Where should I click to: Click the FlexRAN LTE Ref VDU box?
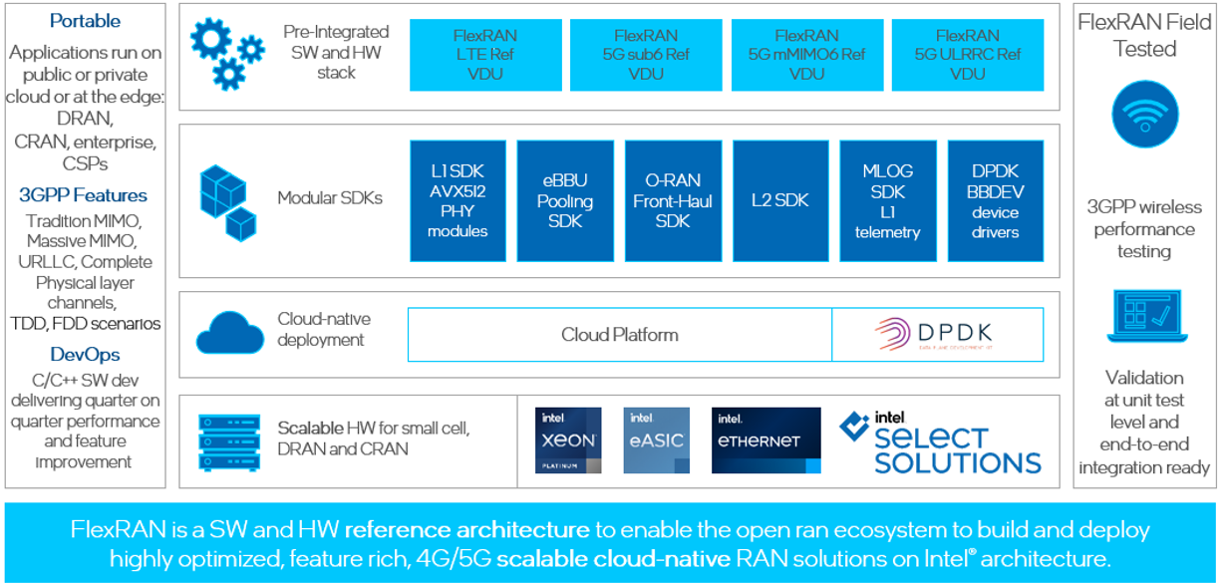pyautogui.click(x=484, y=54)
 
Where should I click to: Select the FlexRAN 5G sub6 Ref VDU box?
pyautogui.click(x=646, y=54)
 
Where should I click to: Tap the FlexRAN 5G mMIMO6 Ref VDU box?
pyautogui.click(x=806, y=54)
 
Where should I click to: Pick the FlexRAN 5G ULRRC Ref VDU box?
pyautogui.click(x=967, y=54)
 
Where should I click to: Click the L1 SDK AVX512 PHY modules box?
pyautogui.click(x=458, y=200)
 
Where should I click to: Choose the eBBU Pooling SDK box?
pyautogui.click(x=565, y=200)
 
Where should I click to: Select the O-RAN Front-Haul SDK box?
pyautogui.click(x=673, y=200)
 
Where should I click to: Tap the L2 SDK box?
pyautogui.click(x=780, y=200)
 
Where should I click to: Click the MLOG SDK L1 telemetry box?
pyautogui.click(x=888, y=200)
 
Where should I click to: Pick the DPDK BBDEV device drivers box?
pyautogui.click(x=995, y=200)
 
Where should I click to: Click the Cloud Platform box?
pyautogui.click(x=619, y=334)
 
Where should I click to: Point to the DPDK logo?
pyautogui.click(x=938, y=334)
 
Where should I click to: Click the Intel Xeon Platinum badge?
pyautogui.click(x=568, y=439)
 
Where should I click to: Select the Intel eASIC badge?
pyautogui.click(x=656, y=439)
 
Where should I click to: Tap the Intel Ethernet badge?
pyautogui.click(x=765, y=439)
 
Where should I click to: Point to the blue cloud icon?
pyautogui.click(x=228, y=333)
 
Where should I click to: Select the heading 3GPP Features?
pyautogui.click(x=83, y=195)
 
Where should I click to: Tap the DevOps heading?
pyautogui.click(x=85, y=355)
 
